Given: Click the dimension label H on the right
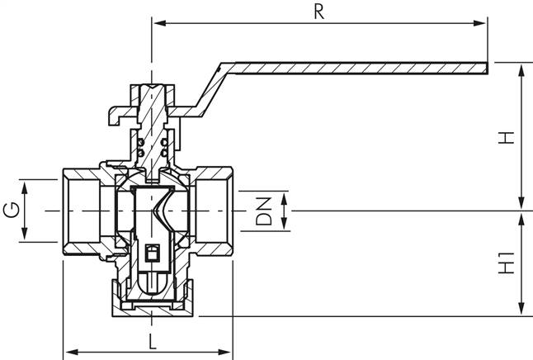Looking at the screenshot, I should click(x=508, y=136).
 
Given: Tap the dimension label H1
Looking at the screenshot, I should click(x=508, y=263).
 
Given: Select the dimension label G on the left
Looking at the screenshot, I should click(x=11, y=211).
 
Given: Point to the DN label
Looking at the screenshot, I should click(x=262, y=211).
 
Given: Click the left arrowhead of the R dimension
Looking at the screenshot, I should click(x=156, y=22).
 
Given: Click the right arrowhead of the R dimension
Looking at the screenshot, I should click(x=483, y=22).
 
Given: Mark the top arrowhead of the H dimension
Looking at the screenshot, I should click(x=521, y=68).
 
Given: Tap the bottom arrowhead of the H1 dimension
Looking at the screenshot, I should click(x=521, y=311).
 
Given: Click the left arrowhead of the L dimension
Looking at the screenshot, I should click(x=68, y=348).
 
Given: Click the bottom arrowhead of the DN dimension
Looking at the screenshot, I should click(x=285, y=226).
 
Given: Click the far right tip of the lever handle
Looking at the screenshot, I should click(x=487, y=65).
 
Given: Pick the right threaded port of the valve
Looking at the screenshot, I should click(x=213, y=211).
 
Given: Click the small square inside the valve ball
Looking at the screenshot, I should click(x=152, y=252).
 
